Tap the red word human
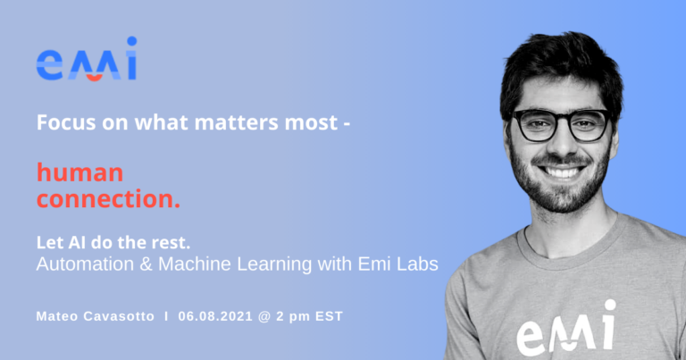click(x=80, y=172)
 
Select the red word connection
click(x=108, y=200)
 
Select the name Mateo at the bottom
click(x=61, y=316)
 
